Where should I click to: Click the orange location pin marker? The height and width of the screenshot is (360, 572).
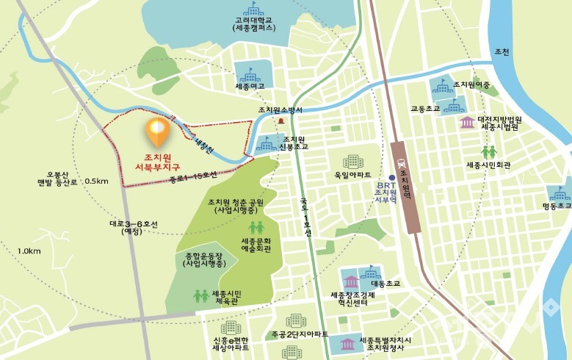click(x=158, y=132)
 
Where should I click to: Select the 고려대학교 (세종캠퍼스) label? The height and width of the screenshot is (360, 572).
click(x=253, y=24)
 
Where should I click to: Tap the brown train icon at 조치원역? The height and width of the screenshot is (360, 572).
click(x=401, y=165)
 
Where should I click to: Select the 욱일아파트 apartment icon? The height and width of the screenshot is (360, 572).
click(x=353, y=162)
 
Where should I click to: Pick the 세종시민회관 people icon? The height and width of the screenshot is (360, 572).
click(x=489, y=152)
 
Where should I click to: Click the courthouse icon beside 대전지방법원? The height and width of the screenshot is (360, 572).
click(x=467, y=122)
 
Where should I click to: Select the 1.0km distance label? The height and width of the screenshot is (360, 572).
click(x=29, y=251)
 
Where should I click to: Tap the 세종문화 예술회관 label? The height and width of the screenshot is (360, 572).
click(x=256, y=245)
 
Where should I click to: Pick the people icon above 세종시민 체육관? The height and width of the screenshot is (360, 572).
click(x=200, y=295)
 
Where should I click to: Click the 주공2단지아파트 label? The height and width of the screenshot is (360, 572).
click(x=298, y=334)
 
